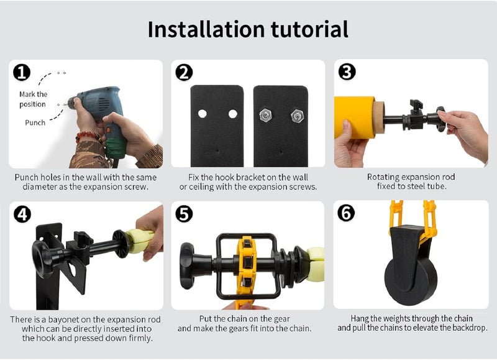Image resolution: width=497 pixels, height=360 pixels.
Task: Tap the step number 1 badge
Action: coord(22,72)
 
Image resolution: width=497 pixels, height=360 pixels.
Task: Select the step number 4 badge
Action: coord(22,214)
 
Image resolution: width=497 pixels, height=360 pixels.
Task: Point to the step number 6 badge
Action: coord(346,213)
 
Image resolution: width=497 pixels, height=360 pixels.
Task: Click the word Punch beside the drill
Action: coord(35,122)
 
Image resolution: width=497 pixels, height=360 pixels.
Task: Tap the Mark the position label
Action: coord(33,99)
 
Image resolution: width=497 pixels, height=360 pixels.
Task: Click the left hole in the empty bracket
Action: coord(203,114)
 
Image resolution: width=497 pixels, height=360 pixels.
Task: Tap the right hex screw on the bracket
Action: coord(297,116)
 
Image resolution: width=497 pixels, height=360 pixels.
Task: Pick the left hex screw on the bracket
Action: coord(265,116)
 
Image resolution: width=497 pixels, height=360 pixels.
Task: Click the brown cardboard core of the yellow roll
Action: coord(378,118)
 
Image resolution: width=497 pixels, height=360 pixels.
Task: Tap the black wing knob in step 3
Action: coord(416,104)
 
